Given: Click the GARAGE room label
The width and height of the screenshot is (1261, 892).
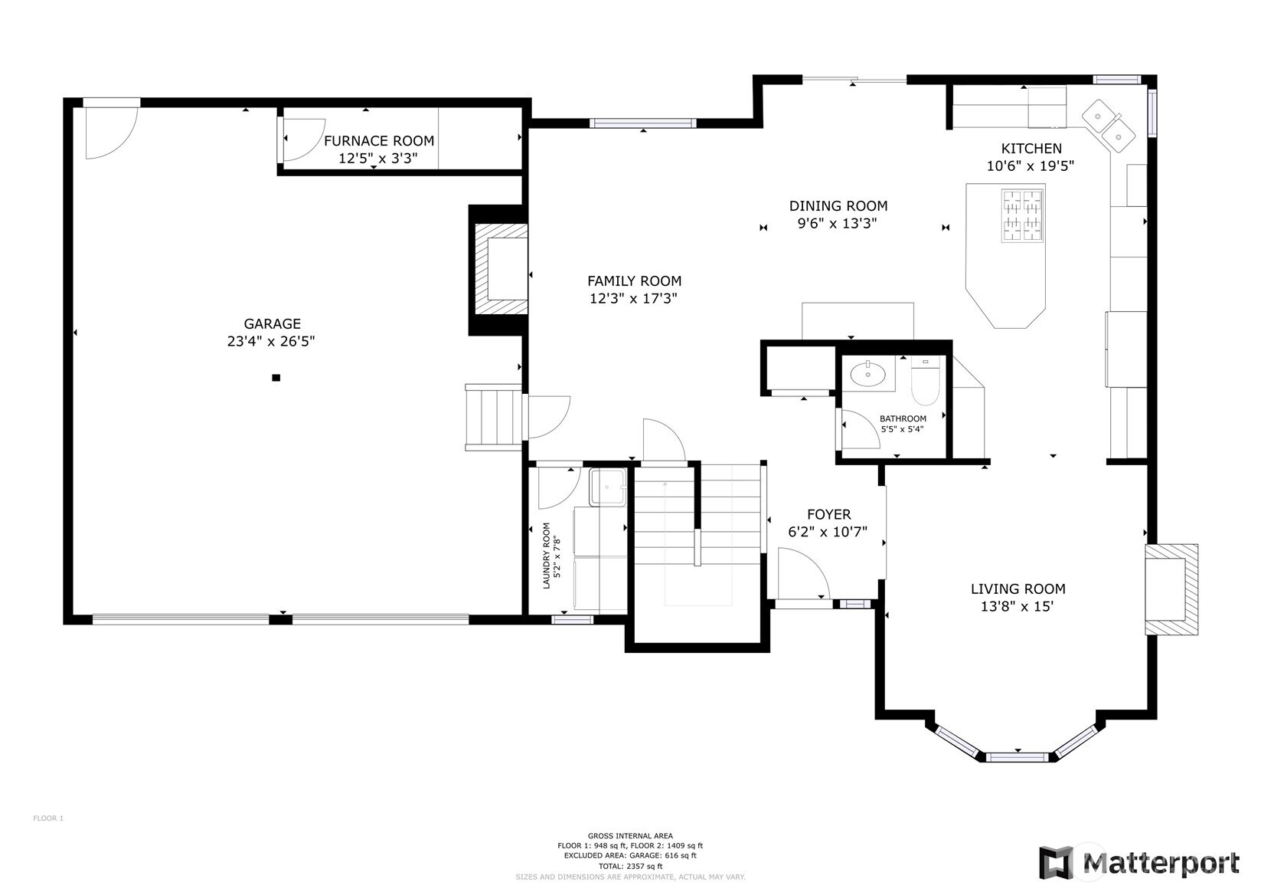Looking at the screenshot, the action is pos(272,324).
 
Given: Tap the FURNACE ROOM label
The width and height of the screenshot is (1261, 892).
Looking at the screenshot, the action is pos(379,141).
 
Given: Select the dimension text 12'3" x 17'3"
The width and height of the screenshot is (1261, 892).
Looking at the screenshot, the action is pos(633,298).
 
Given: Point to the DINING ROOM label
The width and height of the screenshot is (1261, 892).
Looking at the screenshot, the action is pos(838,206).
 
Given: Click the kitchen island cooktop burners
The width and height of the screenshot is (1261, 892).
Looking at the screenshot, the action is pos(1022,216).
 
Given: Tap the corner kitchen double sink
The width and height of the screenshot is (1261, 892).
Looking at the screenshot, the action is pos(1109,126).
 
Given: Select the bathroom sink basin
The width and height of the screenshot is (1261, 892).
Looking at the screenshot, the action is pos(867,373).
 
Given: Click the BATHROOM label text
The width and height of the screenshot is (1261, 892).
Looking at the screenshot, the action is pos(903,418).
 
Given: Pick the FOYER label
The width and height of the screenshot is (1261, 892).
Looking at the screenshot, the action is pos(828,514).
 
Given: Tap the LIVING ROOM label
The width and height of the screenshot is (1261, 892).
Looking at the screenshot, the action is pos(1018,589).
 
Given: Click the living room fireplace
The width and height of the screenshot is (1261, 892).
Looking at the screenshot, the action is pos(1171,589).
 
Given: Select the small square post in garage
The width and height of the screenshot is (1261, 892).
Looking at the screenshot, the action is pos(276,378).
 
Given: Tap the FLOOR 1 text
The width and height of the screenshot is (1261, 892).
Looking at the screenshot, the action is pos(48,818).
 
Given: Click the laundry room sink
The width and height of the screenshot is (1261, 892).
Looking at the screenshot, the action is pos(608,487).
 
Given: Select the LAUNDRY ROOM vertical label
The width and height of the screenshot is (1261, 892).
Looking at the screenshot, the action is pos(552,556).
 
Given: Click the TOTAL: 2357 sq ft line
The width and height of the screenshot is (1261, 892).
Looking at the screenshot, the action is pos(631,866).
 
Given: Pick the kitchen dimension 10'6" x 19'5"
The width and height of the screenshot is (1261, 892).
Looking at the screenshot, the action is pos(1031,166).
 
